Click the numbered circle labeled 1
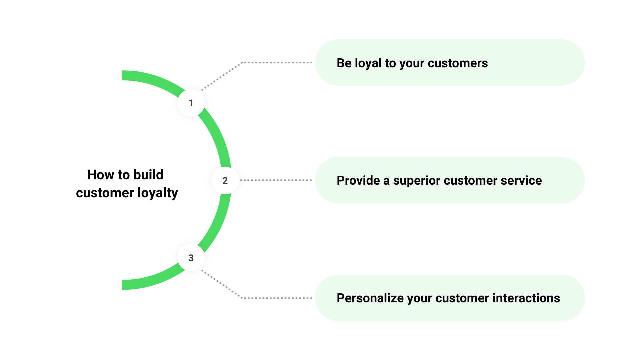(x=191, y=103)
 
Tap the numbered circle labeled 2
(x=225, y=180)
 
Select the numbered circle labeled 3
(x=191, y=258)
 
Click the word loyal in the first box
(x=368, y=63)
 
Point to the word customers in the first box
(x=458, y=63)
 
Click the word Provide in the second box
(x=358, y=180)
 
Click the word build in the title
(x=148, y=175)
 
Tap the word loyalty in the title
(x=158, y=193)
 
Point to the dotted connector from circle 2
(x=276, y=180)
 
